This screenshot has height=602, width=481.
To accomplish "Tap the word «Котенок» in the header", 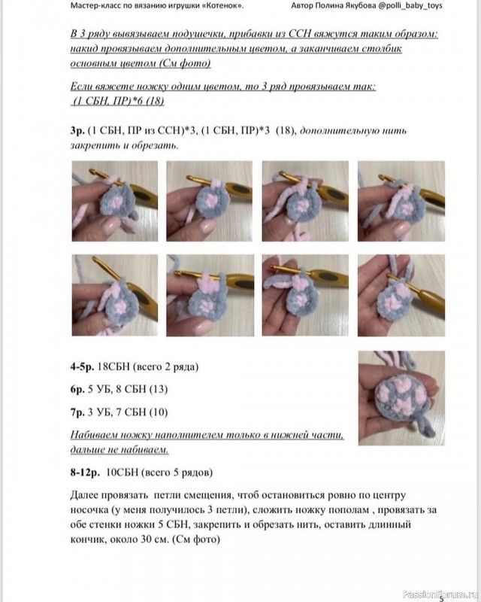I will [222, 5].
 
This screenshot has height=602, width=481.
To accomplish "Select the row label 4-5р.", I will [82, 367].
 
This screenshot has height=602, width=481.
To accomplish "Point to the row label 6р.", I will [77, 389].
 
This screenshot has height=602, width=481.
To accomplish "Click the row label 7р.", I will [77, 412].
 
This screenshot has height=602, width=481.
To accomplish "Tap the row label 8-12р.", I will [86, 473].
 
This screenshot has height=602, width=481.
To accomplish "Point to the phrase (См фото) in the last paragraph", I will [195, 539].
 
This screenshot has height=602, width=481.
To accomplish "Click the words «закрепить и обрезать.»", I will [125, 144].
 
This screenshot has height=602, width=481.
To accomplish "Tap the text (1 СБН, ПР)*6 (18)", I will [118, 101].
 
